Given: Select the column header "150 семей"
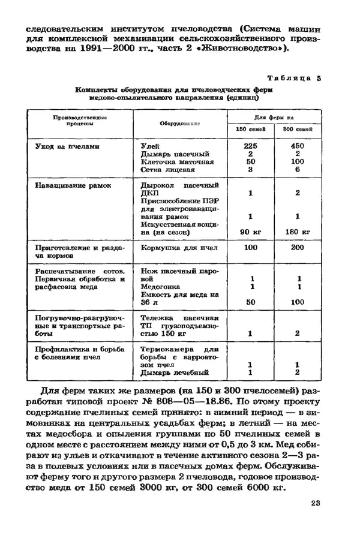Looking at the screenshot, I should click(248, 129).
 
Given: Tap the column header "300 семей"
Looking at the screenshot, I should click(297, 129).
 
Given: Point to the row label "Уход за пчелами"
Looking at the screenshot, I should click(67, 146).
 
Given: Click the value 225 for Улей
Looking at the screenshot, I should click(250, 146).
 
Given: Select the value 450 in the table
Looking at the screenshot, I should click(297, 146).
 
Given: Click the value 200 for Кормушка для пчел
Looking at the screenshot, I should click(297, 247).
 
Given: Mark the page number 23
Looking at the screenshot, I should click(316, 503).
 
